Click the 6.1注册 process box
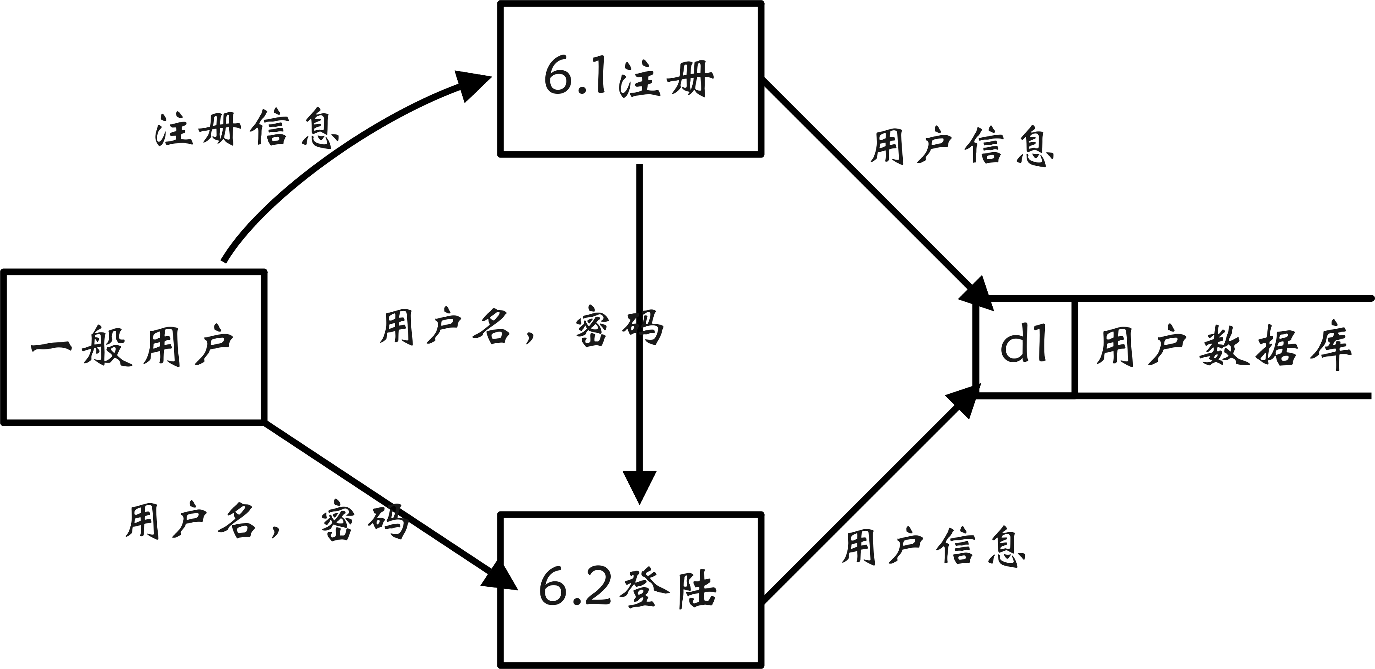630,79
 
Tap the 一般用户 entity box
133,347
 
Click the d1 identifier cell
1023,347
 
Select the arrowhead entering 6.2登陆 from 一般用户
499,576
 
